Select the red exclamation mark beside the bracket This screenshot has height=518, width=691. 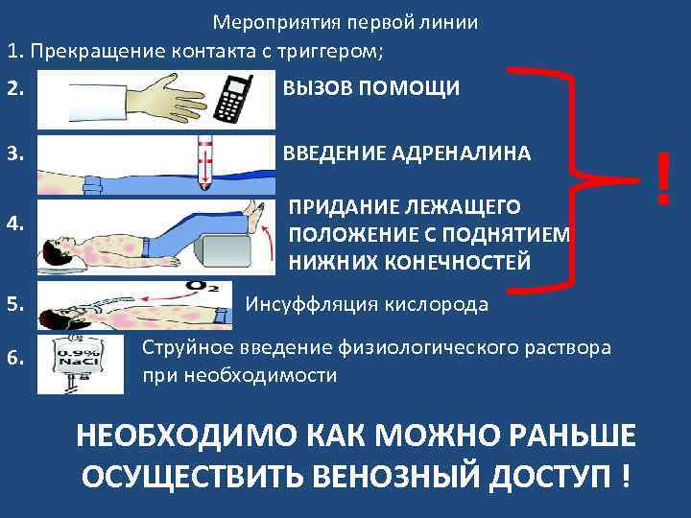click(x=661, y=181)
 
